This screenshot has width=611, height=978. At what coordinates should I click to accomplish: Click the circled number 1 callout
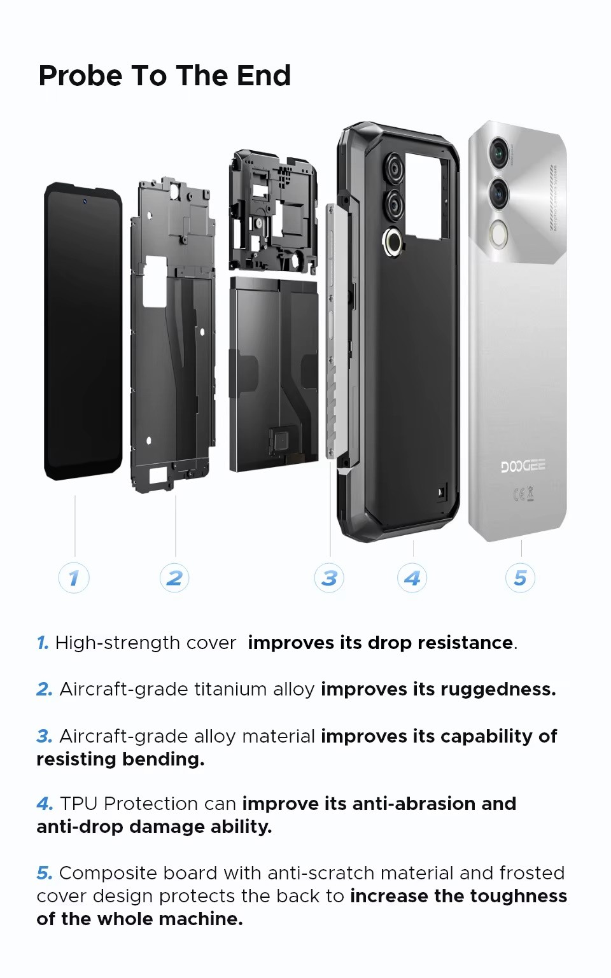click(x=74, y=578)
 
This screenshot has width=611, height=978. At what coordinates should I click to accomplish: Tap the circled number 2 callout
click(x=174, y=578)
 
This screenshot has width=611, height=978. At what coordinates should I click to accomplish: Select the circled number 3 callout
click(x=329, y=578)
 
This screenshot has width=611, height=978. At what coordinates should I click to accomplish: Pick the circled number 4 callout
click(x=412, y=578)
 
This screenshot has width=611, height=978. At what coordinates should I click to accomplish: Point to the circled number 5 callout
click(x=520, y=578)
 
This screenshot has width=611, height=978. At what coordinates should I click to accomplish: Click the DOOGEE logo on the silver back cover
click(x=523, y=466)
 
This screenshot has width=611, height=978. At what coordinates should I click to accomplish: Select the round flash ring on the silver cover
click(x=498, y=235)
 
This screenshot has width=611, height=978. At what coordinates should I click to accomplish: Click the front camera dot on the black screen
click(x=85, y=201)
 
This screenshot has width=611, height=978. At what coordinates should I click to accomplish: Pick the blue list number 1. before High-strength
click(x=43, y=643)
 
